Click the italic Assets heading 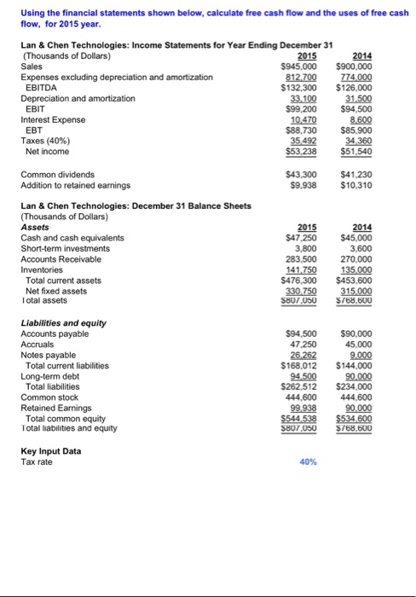pyautogui.click(x=31, y=228)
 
